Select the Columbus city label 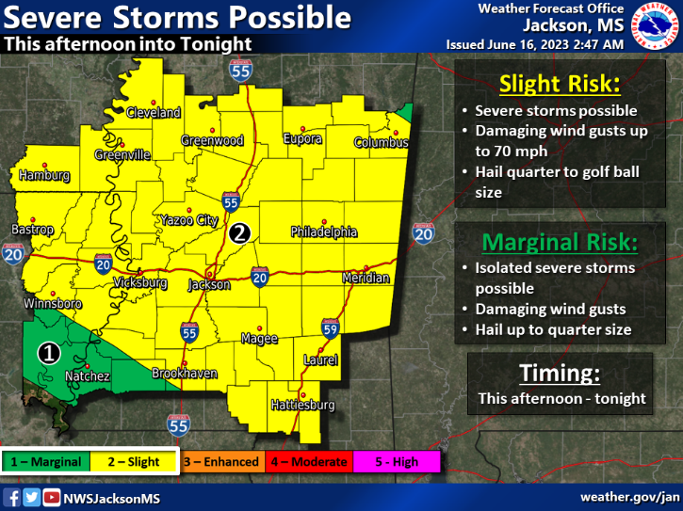[x=382, y=143]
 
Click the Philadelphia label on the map [x=324, y=232]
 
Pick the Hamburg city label [x=43, y=175]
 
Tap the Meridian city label [x=365, y=279]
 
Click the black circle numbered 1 [x=49, y=353]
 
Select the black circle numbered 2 [x=241, y=232]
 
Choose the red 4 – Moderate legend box [x=308, y=462]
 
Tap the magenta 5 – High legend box [x=398, y=462]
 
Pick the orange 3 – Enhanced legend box [x=221, y=462]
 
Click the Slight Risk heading [x=560, y=84]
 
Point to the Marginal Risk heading [x=560, y=242]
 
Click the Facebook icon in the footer [x=14, y=497]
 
